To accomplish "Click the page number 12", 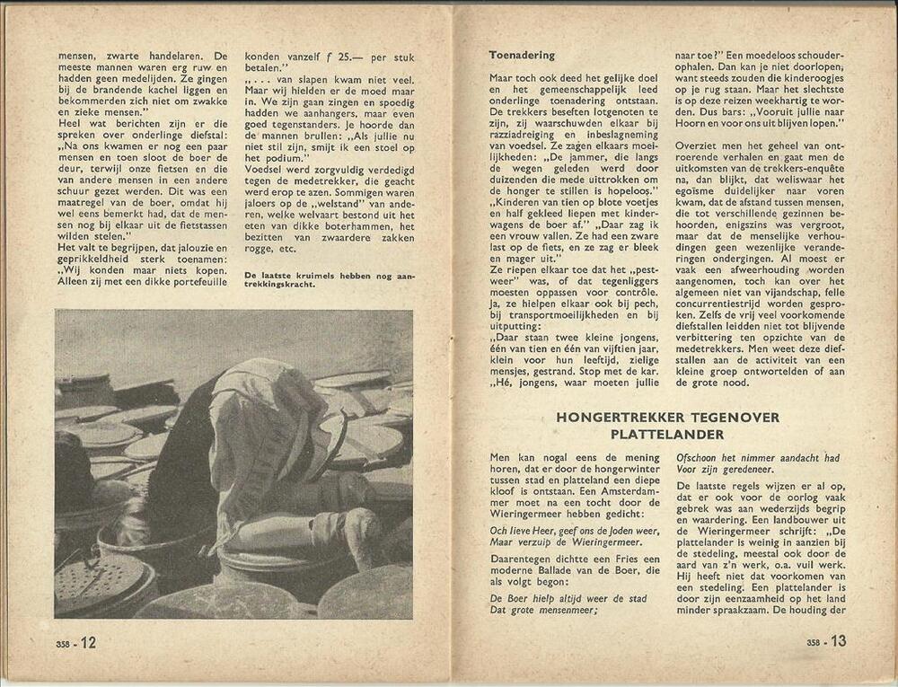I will [88, 642].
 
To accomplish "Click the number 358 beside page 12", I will [63, 644].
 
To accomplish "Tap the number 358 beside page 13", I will [814, 643].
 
